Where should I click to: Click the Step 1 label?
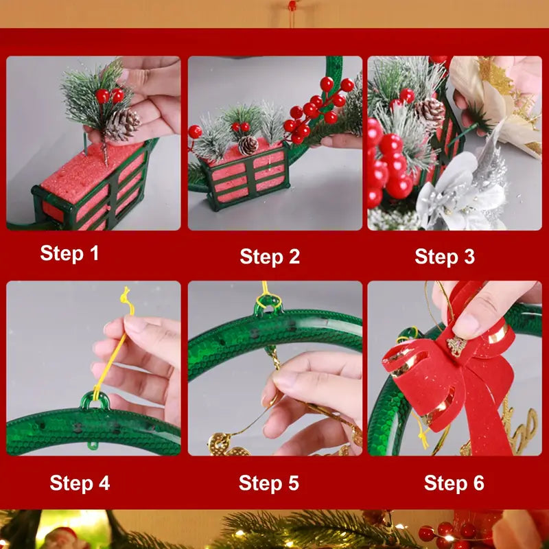click(x=69, y=253)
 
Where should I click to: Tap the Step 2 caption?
click(x=270, y=257)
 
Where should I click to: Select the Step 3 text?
click(x=444, y=257)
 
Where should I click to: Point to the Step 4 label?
click(x=80, y=482)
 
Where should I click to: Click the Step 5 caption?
click(x=269, y=482)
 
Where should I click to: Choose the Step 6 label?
click(x=454, y=482)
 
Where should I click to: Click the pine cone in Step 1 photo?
click(x=123, y=124)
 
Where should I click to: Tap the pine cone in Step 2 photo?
click(x=248, y=145)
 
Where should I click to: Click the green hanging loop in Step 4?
click(x=95, y=400)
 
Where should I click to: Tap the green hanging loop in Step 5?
click(x=268, y=306)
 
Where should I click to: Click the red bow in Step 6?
click(x=453, y=371)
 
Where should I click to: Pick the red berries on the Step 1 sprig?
click(x=110, y=95)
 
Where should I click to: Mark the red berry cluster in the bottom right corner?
click(x=446, y=533)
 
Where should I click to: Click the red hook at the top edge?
click(x=292, y=6)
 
